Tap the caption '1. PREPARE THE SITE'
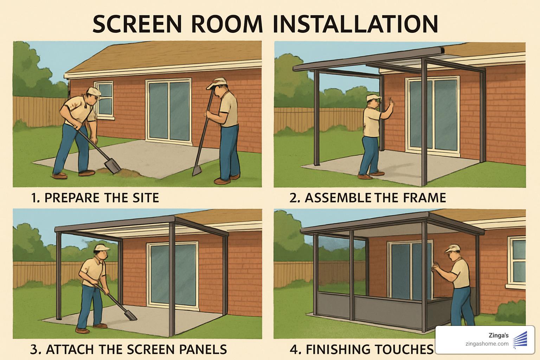coord(95,198)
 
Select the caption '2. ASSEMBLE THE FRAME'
coord(368,198)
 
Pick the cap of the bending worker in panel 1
coord(94,91)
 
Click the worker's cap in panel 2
coord(373,97)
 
